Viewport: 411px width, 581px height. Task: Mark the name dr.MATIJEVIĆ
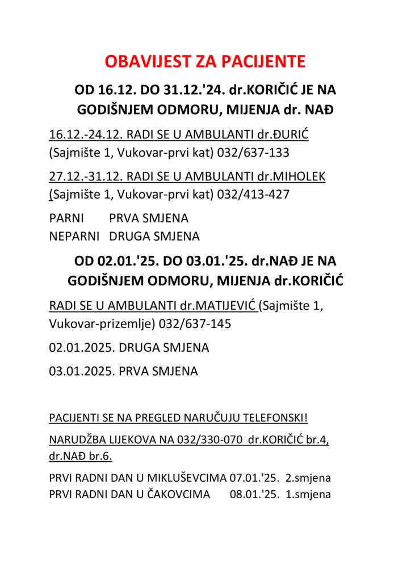219,306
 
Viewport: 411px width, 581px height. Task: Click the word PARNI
66,218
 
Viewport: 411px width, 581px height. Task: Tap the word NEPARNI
74,235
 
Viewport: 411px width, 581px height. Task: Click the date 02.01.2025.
81,348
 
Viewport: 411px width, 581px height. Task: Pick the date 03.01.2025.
81,372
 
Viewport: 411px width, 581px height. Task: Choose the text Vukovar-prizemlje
93,324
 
